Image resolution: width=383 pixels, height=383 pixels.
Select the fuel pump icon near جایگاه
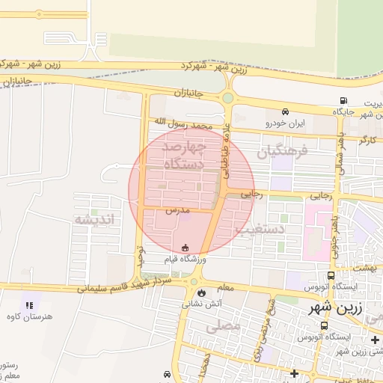click(x=343, y=101)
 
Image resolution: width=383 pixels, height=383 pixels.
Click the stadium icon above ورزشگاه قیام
click(x=186, y=248)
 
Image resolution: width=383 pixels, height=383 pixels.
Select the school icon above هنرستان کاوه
click(x=29, y=305)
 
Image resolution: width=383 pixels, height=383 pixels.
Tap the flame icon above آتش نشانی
click(x=194, y=292)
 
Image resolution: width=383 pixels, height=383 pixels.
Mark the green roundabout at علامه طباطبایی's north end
click(x=227, y=98)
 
